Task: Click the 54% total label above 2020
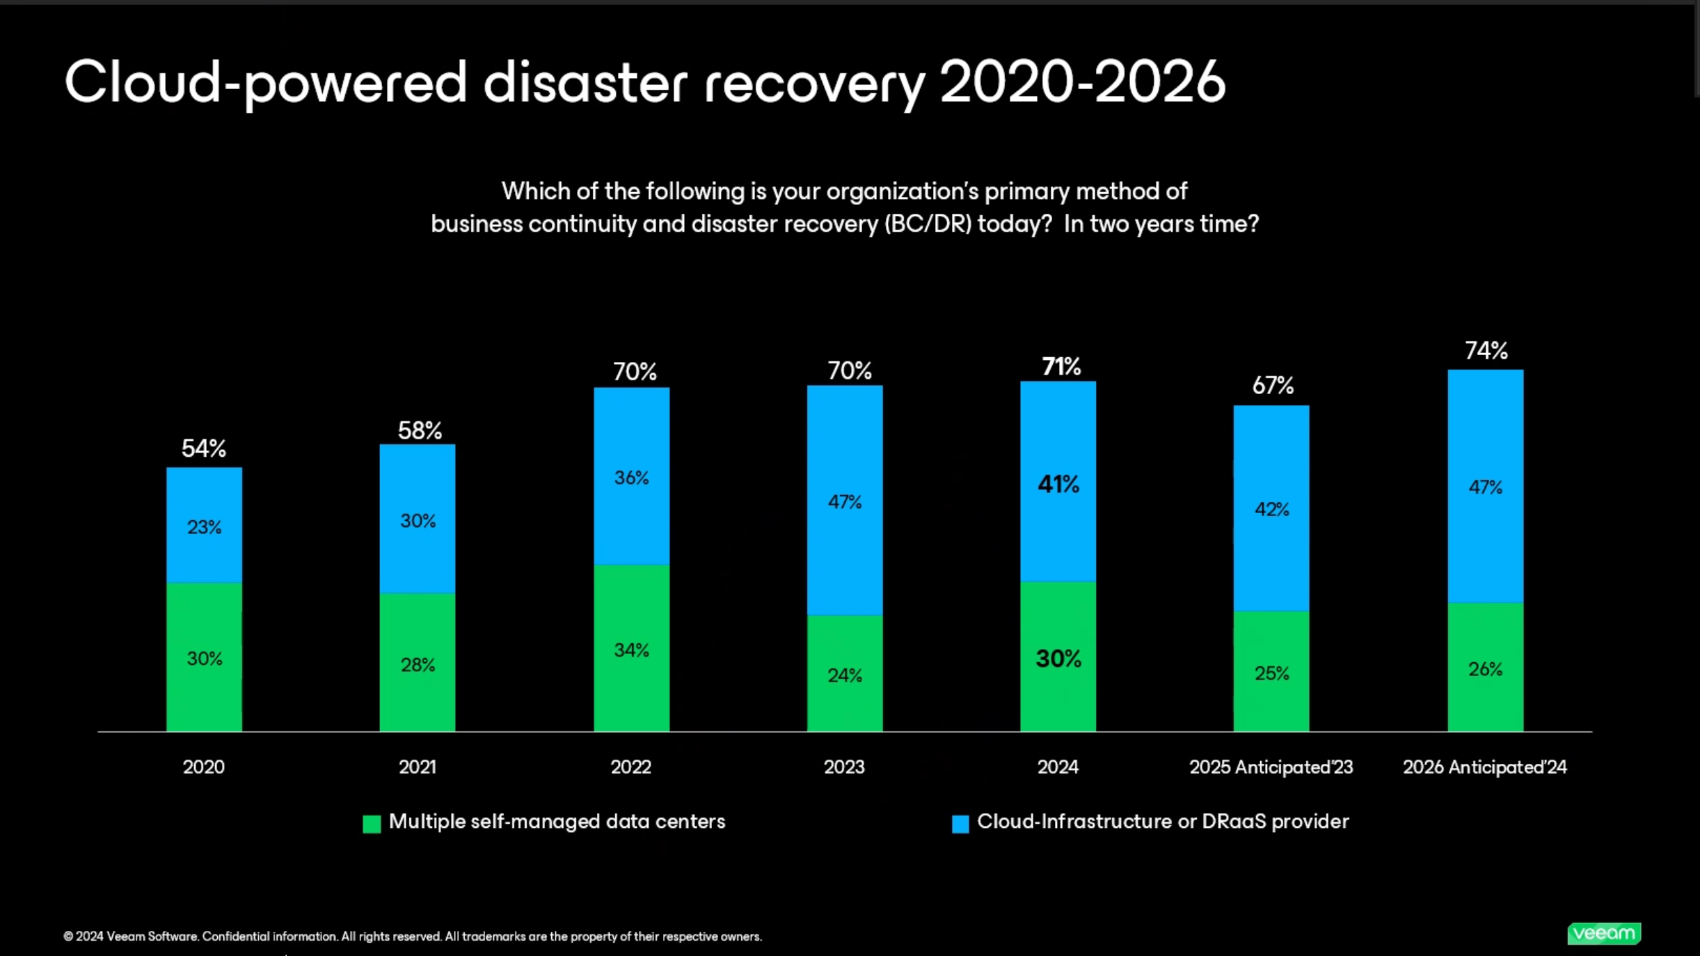tap(204, 448)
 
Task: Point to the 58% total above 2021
tap(420, 430)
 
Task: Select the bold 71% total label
tap(1061, 367)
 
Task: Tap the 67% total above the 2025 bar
tap(1273, 385)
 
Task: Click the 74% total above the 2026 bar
tap(1486, 350)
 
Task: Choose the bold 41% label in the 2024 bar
tap(1058, 484)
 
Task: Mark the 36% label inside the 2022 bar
tap(631, 478)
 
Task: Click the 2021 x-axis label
tap(418, 767)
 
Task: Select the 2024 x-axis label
tap(1058, 767)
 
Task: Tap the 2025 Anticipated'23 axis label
tap(1271, 767)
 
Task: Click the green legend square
tap(372, 824)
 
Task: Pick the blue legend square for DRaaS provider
tap(960, 824)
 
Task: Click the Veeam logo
tap(1604, 933)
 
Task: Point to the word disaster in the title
tap(585, 82)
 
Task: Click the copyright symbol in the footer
tap(68, 937)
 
